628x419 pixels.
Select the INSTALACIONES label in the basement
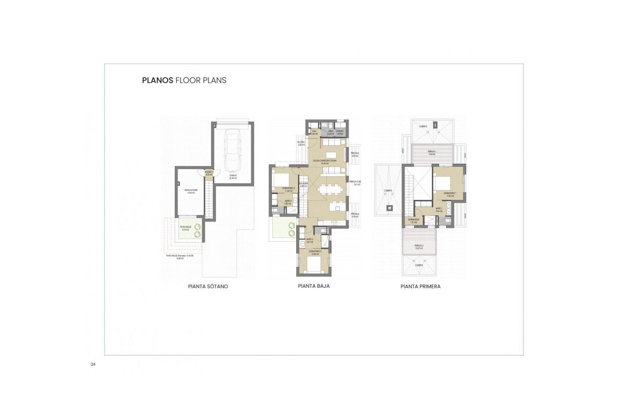pos(191,191)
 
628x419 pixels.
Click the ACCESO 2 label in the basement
pos(209,173)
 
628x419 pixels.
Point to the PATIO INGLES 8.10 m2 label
pos(185,228)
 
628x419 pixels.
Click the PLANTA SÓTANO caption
pos(208,286)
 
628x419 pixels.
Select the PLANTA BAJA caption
pos(314,286)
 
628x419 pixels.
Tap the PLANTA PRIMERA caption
pos(420,286)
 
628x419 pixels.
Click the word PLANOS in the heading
pos(157,81)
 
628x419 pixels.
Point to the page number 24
pos(93,364)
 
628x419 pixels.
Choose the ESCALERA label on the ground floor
pos(303,185)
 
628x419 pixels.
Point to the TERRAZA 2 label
pos(419,247)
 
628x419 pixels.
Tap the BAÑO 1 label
pos(439,209)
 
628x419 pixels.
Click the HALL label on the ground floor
pos(314,132)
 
